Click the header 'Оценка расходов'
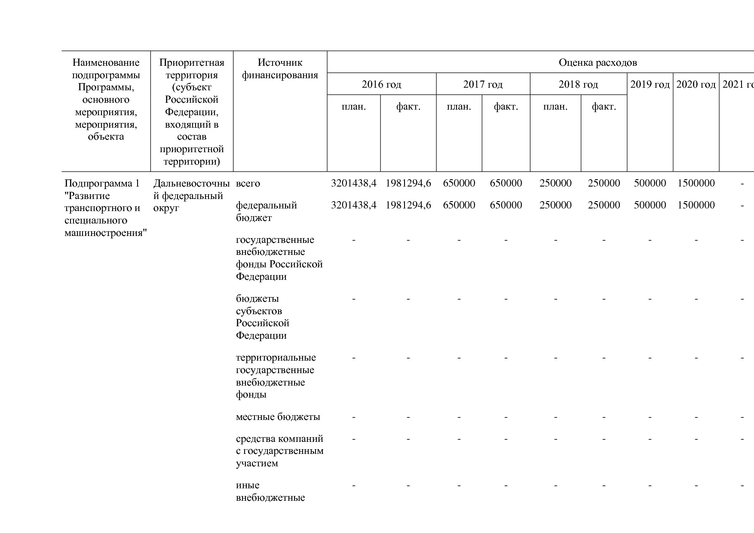click(598, 63)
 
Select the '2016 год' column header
click(381, 84)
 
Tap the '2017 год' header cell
click(483, 84)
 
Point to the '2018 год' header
click(578, 84)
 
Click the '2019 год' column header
click(650, 84)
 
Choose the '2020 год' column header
click(696, 84)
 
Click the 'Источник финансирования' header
click(280, 69)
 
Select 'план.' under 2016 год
click(353, 107)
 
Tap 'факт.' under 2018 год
click(604, 107)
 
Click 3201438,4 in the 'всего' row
click(353, 184)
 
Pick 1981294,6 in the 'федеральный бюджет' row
click(408, 205)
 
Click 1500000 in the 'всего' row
click(696, 184)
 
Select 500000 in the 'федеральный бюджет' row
click(650, 205)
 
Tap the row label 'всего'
click(248, 184)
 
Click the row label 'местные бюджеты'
click(278, 417)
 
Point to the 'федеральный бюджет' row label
click(266, 211)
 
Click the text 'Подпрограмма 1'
click(102, 184)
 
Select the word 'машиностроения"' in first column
click(106, 233)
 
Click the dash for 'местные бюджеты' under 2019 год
click(650, 417)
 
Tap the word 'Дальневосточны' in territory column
click(191, 184)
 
